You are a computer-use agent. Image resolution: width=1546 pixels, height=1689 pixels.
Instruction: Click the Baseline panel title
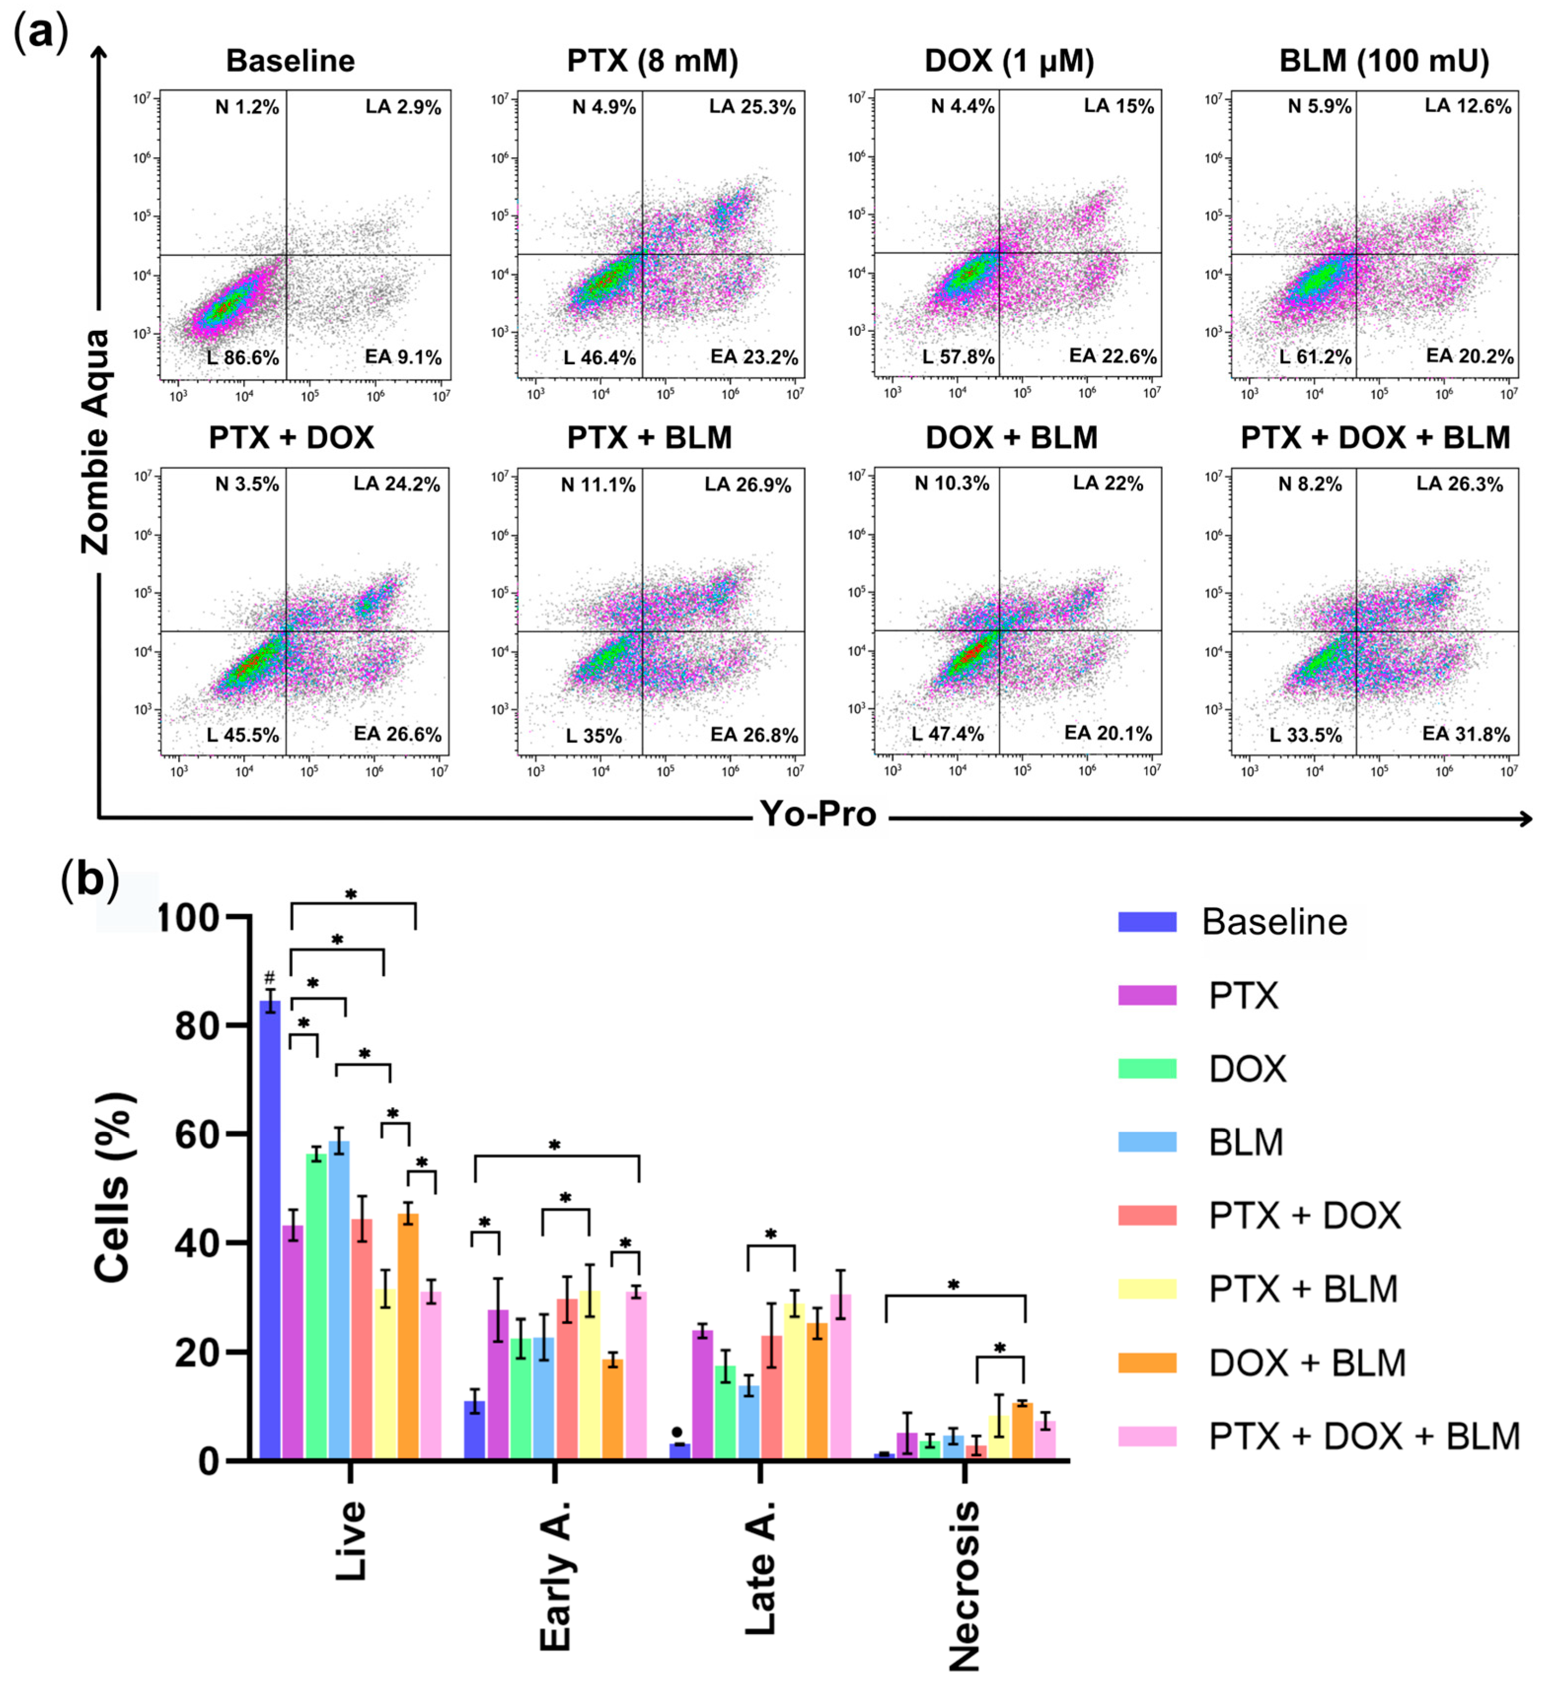coord(290,61)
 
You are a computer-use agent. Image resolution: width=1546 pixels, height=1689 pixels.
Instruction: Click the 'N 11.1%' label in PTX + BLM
coord(598,485)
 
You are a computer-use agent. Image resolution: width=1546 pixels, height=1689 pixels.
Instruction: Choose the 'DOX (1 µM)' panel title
coord(1009,61)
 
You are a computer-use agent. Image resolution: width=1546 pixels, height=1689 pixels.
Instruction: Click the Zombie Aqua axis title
coord(96,442)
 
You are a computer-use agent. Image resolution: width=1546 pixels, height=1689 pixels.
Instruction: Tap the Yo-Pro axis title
coord(817,813)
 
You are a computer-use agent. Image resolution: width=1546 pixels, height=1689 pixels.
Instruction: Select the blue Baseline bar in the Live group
coord(270,1232)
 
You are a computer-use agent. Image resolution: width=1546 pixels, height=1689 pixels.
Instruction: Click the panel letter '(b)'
coord(90,881)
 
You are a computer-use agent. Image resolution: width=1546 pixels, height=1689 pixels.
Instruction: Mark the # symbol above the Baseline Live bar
coord(269,978)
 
